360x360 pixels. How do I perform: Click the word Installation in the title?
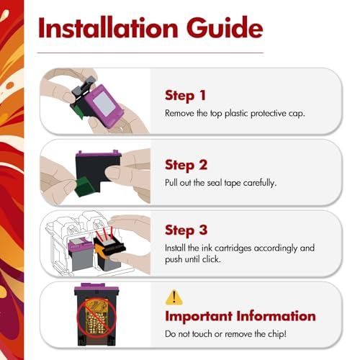click(108, 28)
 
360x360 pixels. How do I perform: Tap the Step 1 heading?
click(185, 96)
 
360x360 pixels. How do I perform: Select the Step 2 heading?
click(186, 166)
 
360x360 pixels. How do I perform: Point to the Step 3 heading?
click(186, 230)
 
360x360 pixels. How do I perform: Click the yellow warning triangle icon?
click(174, 297)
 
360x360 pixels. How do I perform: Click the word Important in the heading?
click(199, 316)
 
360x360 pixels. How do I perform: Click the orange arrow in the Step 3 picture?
click(102, 251)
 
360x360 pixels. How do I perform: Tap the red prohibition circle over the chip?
click(96, 318)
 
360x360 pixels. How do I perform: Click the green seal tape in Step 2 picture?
click(84, 186)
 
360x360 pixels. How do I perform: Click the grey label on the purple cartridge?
click(104, 104)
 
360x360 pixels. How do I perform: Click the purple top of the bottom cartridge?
click(96, 287)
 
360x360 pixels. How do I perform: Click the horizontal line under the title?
click(150, 53)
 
